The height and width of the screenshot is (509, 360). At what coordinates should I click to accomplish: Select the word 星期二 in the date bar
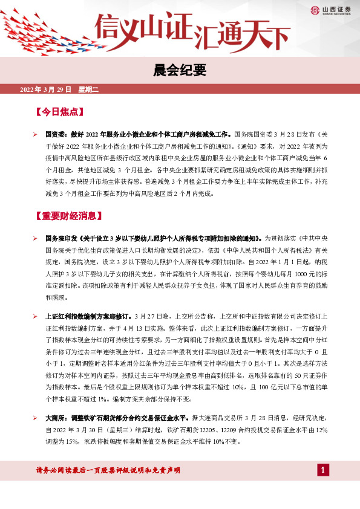(x=84, y=89)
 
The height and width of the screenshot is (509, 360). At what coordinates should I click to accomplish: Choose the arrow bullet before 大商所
(x=36, y=418)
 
